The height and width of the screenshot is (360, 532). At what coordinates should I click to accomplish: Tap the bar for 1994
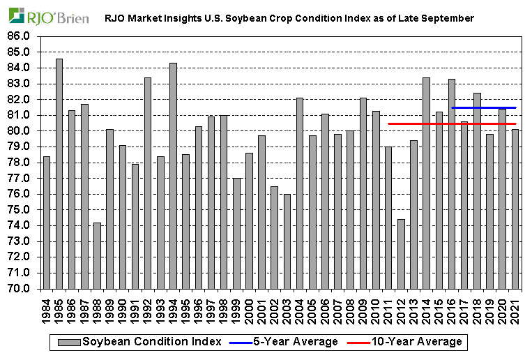click(173, 175)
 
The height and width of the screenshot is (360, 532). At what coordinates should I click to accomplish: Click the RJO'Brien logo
click(49, 15)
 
